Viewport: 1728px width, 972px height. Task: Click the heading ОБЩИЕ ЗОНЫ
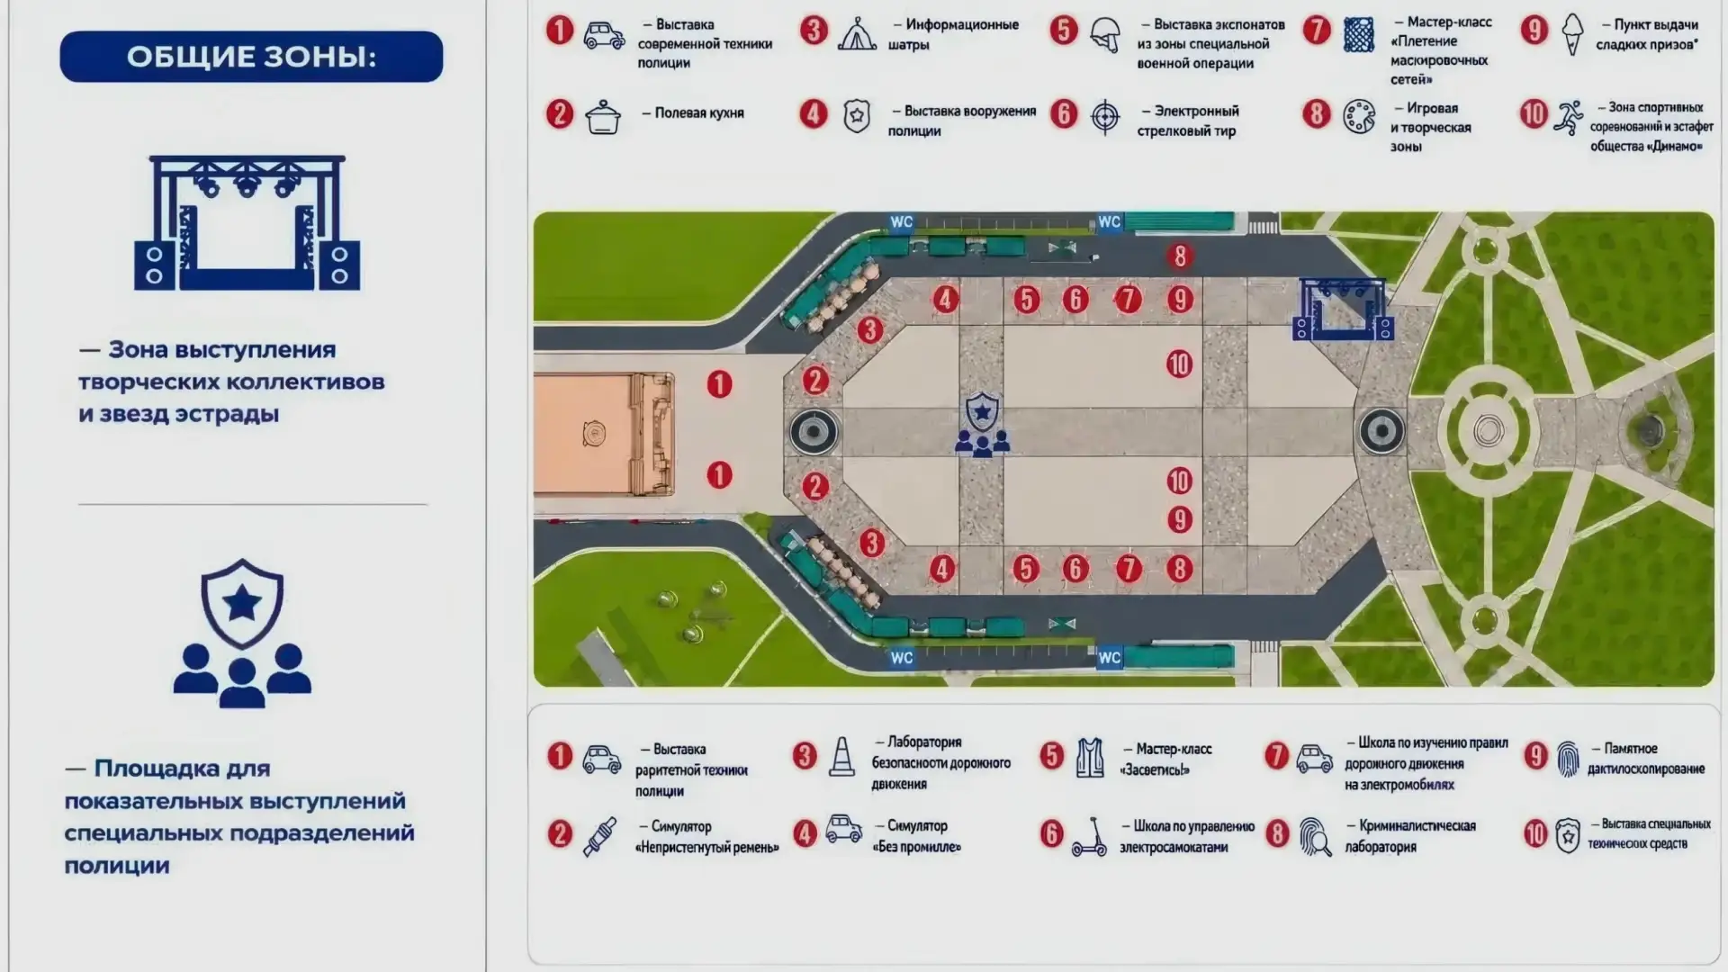coord(251,57)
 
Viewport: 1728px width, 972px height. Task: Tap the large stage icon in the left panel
coord(247,223)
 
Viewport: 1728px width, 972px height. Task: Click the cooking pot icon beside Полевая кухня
coord(603,117)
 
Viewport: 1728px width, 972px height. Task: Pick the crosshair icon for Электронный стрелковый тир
coord(1105,117)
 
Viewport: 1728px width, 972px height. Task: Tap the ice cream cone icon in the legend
coord(1572,34)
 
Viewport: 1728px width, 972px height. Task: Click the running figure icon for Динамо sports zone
coord(1569,118)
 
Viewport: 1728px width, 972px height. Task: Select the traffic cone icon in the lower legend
coord(841,757)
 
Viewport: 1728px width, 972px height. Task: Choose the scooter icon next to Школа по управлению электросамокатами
coord(1089,836)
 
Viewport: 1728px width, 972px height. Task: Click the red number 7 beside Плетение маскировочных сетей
coord(1317,31)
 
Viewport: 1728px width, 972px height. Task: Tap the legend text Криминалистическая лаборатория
coord(1410,836)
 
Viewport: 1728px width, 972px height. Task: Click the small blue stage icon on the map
coord(1343,309)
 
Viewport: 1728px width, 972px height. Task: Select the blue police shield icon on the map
coord(982,424)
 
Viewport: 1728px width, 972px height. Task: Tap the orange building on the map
coord(604,435)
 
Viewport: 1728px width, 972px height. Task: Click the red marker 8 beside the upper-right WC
coord(1181,256)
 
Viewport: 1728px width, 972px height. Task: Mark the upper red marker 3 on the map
coord(869,330)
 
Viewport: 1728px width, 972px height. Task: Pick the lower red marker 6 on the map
coord(1075,569)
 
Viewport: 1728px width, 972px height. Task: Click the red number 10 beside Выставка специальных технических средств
coord(1535,834)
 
